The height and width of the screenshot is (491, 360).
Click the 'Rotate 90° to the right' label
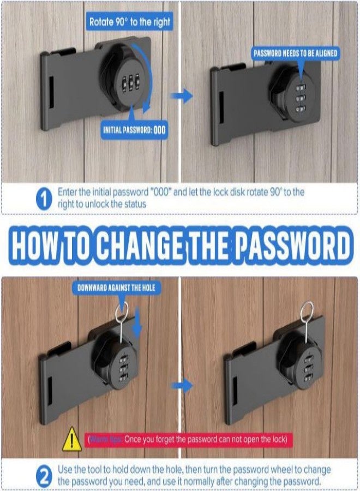(x=129, y=22)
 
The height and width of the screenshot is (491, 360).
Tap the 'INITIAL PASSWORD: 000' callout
(x=134, y=130)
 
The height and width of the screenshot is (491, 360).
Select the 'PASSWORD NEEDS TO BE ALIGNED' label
(x=295, y=54)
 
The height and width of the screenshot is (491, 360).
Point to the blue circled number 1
(x=44, y=199)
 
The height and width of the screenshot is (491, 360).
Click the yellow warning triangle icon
(x=73, y=439)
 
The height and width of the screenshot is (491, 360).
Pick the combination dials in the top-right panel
(x=299, y=99)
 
